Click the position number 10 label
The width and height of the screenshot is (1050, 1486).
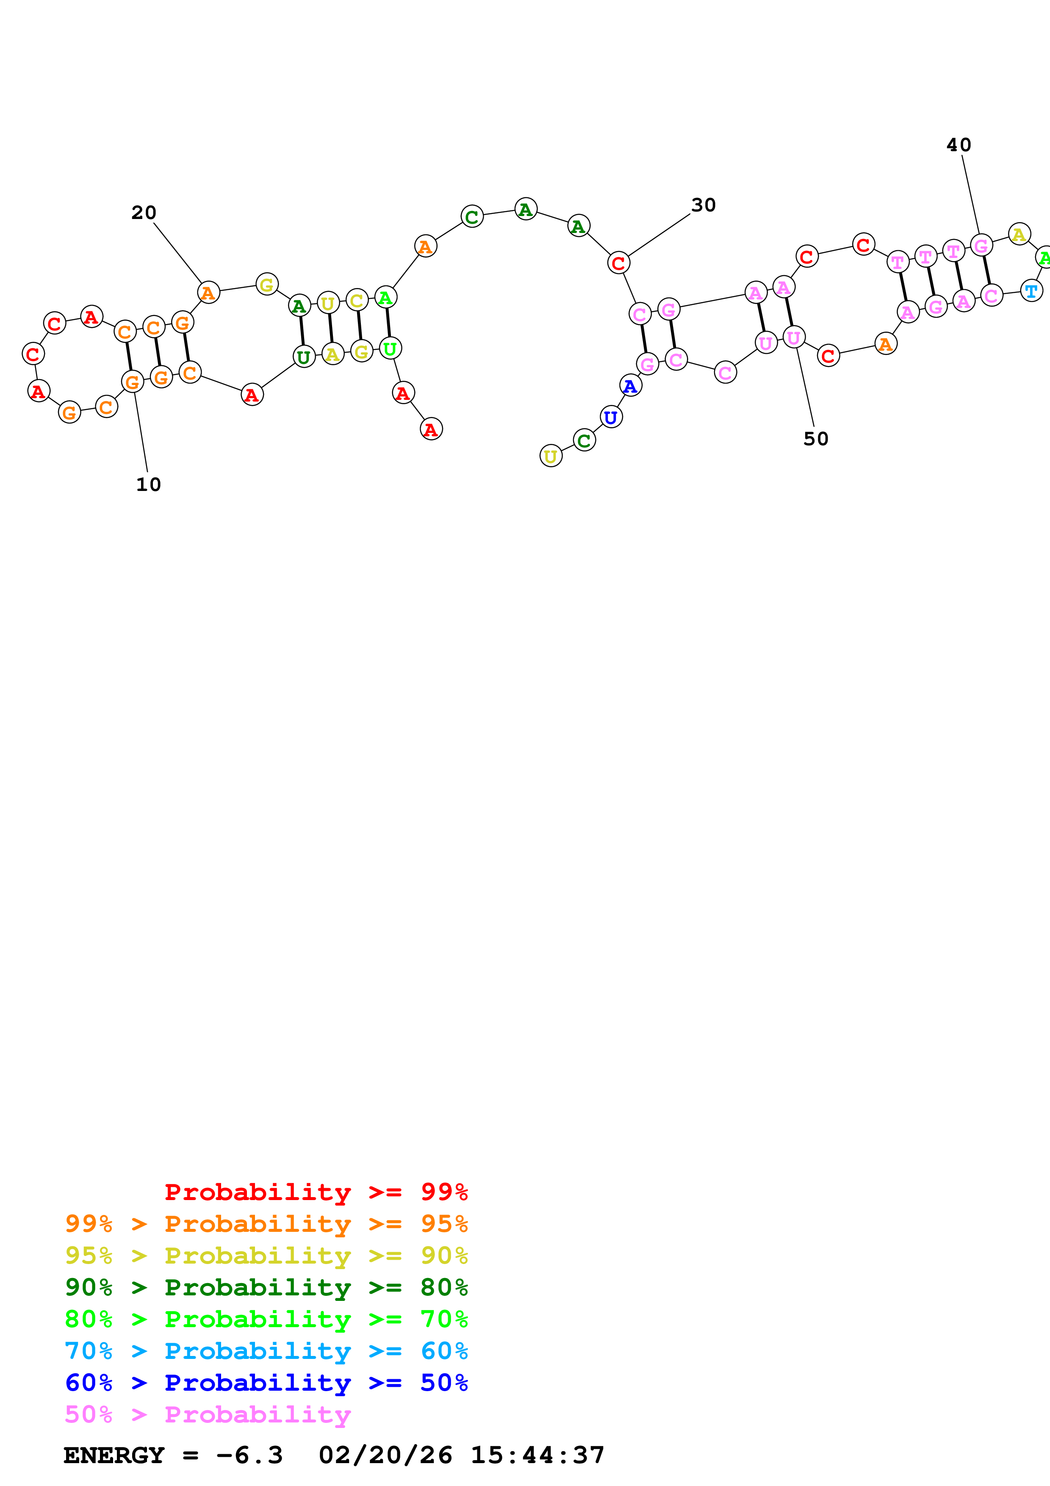click(148, 485)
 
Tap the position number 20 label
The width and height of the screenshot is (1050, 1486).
click(144, 213)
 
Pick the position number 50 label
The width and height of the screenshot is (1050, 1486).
click(815, 439)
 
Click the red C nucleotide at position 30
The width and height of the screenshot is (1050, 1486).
click(618, 263)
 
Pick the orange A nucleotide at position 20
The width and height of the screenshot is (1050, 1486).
click(208, 293)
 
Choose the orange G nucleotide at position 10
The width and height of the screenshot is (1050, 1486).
click(133, 382)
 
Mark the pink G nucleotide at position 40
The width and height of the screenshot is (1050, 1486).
click(981, 245)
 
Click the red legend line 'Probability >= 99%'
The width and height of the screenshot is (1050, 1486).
click(316, 1192)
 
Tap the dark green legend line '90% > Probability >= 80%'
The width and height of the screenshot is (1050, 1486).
click(266, 1287)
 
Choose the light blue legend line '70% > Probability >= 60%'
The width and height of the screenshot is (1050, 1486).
click(266, 1351)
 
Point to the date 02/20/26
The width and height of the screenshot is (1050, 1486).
click(385, 1456)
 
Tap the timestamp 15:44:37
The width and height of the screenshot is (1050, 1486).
click(537, 1456)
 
